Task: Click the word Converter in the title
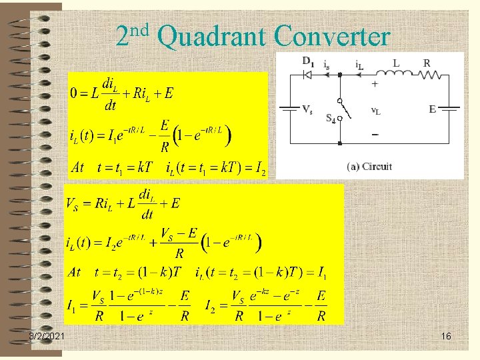331,37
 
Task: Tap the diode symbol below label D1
308,75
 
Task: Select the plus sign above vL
374,85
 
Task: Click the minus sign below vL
374,134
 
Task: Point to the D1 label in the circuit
309,61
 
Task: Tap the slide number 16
446,337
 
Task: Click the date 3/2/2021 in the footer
47,337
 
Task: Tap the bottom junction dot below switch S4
340,142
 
